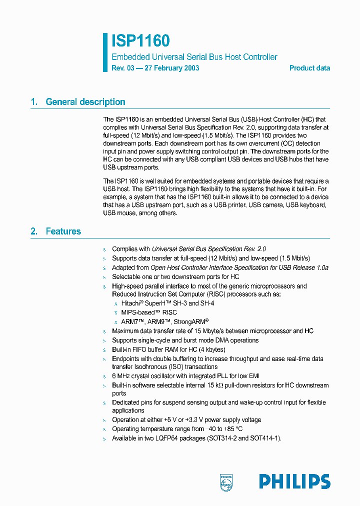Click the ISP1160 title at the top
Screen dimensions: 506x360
pyautogui.click(x=140, y=41)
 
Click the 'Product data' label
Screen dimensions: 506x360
pyautogui.click(x=309, y=68)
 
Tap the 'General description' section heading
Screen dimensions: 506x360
pyautogui.click(x=85, y=102)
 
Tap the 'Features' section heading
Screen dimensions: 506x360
pyautogui.click(x=63, y=231)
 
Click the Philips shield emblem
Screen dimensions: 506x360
pyautogui.click(x=226, y=482)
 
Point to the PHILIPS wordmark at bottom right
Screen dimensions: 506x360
pyautogui.click(x=294, y=481)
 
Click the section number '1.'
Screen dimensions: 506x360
pyautogui.click(x=34, y=102)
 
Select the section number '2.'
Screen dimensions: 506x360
pyautogui.click(x=34, y=231)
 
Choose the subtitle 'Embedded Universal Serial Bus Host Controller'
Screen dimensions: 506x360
pyautogui.click(x=194, y=57)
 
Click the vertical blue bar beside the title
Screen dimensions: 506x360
pyautogui.click(x=105, y=52)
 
